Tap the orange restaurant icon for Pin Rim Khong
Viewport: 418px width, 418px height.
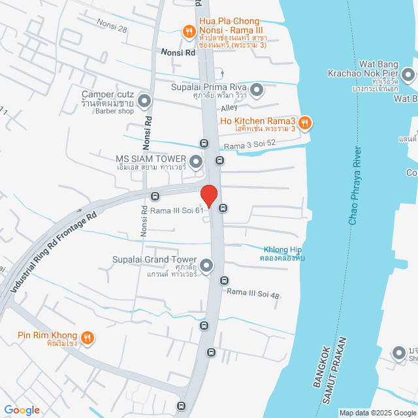(x=89, y=338)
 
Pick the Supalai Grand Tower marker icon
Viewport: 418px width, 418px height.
(x=206, y=265)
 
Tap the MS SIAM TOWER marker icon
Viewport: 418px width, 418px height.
(x=196, y=161)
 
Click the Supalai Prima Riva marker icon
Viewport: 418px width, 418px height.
(x=257, y=89)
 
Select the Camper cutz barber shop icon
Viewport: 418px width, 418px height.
(x=144, y=101)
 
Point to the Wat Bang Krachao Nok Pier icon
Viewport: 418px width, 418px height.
(x=408, y=74)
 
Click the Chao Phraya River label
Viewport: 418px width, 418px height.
(x=359, y=187)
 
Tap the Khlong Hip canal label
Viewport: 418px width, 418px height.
(x=283, y=253)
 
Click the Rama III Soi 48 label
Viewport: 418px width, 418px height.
(x=254, y=295)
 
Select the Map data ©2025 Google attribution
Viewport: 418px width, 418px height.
(x=377, y=413)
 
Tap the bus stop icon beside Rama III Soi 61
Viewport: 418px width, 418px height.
(x=223, y=208)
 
